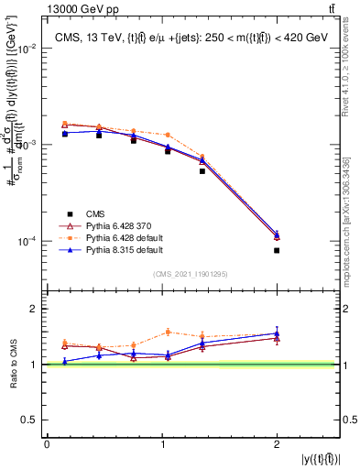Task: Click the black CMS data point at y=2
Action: click(277, 250)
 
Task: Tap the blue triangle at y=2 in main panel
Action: click(277, 234)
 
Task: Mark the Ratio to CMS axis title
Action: click(12, 364)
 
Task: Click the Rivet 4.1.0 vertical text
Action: click(344, 73)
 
